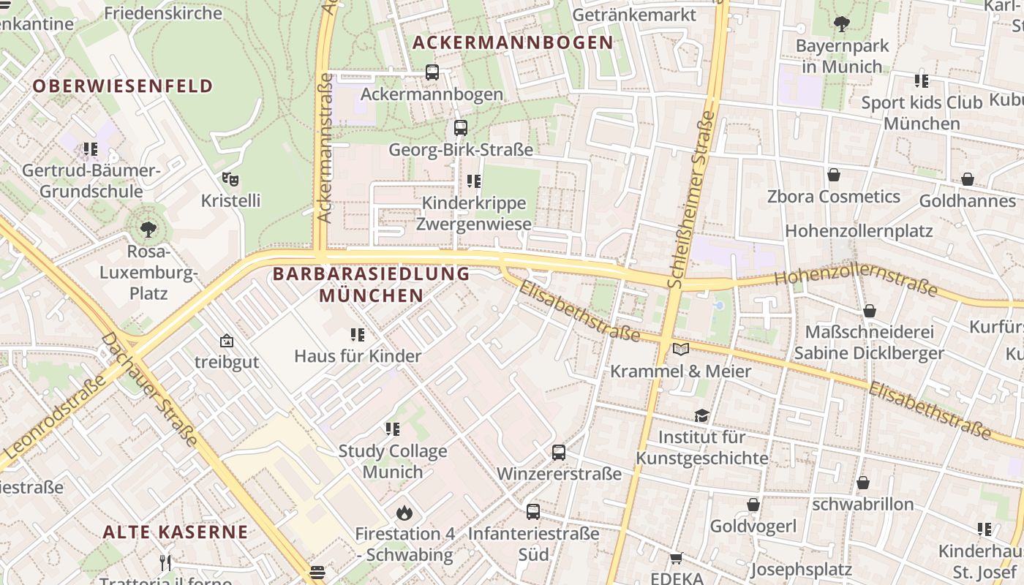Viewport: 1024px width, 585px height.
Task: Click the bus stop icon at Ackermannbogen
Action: (x=432, y=72)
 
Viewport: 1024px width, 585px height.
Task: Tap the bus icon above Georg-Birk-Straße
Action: (x=460, y=127)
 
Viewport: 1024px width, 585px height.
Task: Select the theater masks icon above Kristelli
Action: (x=230, y=178)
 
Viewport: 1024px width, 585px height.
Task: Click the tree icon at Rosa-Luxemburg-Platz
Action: (x=148, y=230)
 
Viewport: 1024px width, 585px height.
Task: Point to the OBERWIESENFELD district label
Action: (x=123, y=86)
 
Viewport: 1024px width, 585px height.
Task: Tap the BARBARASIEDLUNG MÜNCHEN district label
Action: (x=372, y=284)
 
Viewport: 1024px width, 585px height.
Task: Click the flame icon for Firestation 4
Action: (x=404, y=513)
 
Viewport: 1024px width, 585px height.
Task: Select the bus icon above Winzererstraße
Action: (x=559, y=452)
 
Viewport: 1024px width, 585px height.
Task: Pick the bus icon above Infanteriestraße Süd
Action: (x=533, y=512)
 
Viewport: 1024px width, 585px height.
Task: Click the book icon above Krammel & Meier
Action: (x=681, y=349)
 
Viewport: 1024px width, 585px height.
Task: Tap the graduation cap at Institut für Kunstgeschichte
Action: (x=702, y=415)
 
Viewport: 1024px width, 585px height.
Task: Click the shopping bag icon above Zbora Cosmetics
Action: (x=833, y=175)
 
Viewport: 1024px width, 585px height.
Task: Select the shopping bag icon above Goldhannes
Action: (x=968, y=179)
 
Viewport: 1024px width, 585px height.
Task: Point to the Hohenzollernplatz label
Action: (x=859, y=231)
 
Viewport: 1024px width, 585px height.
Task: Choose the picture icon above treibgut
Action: (x=227, y=341)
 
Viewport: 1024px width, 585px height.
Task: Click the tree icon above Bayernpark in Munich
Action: (x=842, y=23)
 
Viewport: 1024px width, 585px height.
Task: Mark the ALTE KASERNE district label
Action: (x=176, y=532)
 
